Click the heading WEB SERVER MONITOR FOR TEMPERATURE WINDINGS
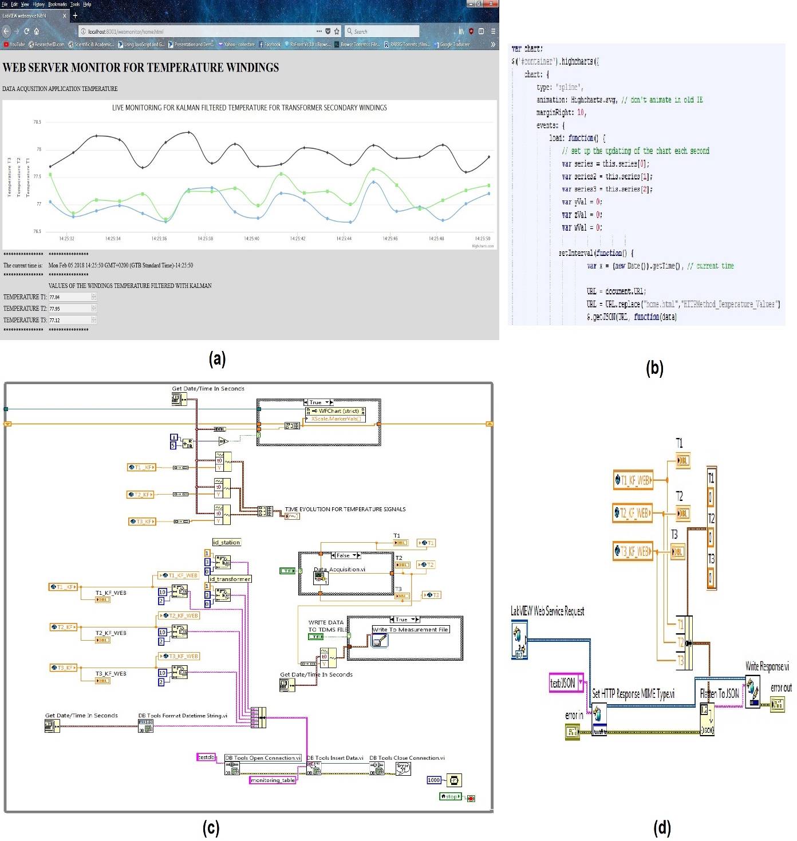coord(141,68)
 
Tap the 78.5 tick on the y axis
coord(37,122)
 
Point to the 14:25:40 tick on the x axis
coord(251,238)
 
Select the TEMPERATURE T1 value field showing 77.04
coord(70,297)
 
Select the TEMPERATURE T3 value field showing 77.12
coord(70,320)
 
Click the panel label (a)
coord(217,359)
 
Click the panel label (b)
coord(654,368)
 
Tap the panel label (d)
coord(662,827)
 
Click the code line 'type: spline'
coord(559,87)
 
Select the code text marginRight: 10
coord(561,113)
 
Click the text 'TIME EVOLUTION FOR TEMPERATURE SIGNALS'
coord(345,509)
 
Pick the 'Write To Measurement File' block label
coord(410,629)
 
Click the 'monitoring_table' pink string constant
coord(273,780)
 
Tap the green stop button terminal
coord(450,796)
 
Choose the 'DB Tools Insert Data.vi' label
coord(335,757)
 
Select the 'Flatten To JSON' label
coord(719,693)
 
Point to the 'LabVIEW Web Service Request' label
coord(547,611)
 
